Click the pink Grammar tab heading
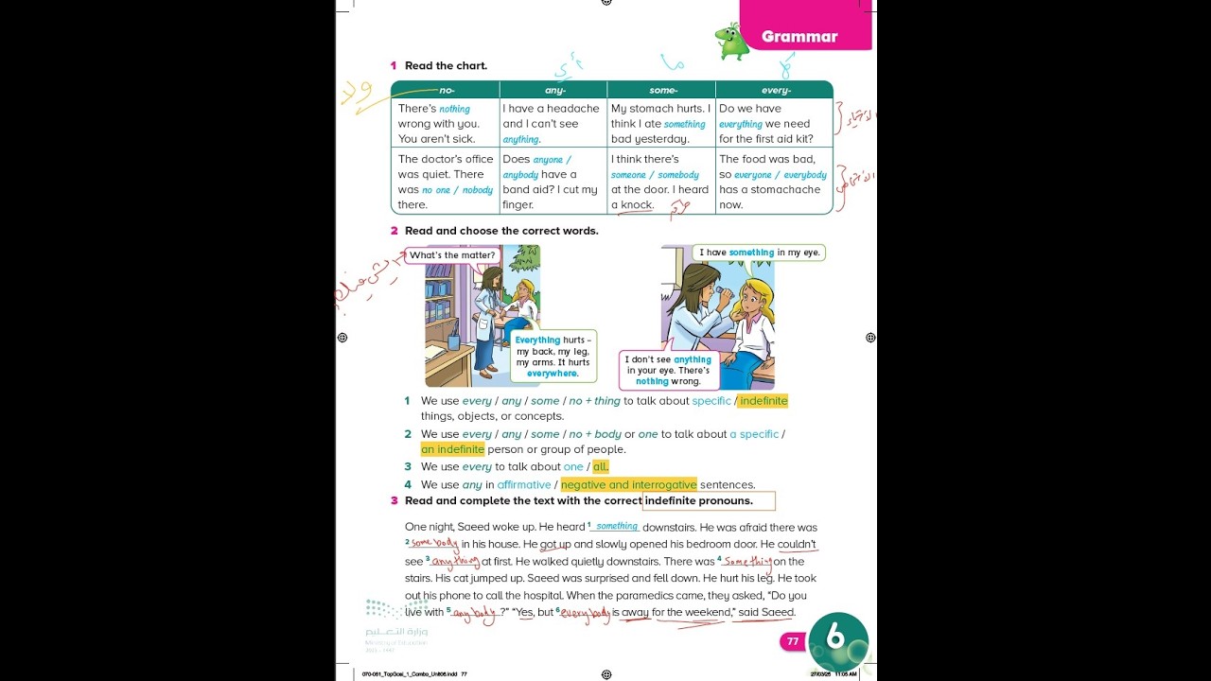[799, 37]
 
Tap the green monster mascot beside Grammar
[730, 42]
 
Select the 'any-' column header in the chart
[555, 91]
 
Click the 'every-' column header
[776, 91]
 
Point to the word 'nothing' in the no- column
[454, 110]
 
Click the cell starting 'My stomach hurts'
[660, 124]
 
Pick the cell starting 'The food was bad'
[773, 182]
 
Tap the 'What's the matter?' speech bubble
[452, 255]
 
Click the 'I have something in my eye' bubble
[759, 253]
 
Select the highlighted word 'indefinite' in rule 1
[763, 401]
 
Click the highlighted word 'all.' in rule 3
[601, 467]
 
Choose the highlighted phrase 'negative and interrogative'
[628, 485]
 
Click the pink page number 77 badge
[793, 641]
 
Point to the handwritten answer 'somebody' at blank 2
[434, 544]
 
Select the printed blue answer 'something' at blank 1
[617, 527]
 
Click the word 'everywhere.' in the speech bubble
[553, 374]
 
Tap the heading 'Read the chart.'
[446, 66]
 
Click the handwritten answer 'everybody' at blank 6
[586, 615]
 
